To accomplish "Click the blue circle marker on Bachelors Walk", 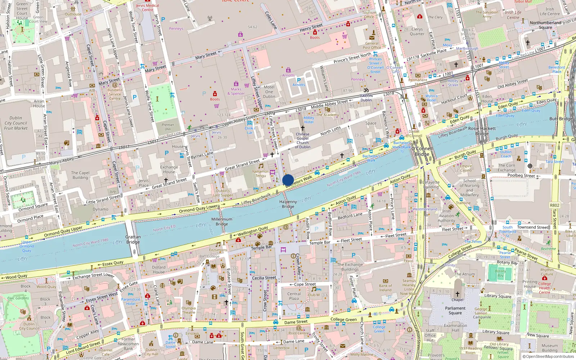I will pyautogui.click(x=288, y=180).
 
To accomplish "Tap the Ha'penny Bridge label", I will pyautogui.click(x=288, y=204).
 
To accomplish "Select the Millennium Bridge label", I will pyautogui.click(x=222, y=221).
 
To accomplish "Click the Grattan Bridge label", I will pyautogui.click(x=133, y=239).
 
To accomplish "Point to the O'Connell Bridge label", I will pyautogui.click(x=422, y=151).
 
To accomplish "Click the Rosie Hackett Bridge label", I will pyautogui.click(x=482, y=131).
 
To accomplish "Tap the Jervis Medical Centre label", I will pyautogui.click(x=147, y=8).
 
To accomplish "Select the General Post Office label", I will pyautogui.click(x=372, y=45).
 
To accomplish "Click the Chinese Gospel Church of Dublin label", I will pyautogui.click(x=302, y=140).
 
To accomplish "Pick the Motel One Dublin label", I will pyautogui.click(x=269, y=92).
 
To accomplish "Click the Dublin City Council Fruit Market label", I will pyautogui.click(x=16, y=123).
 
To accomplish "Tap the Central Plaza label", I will pyautogui.click(x=294, y=296).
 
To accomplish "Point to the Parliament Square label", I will pyautogui.click(x=455, y=310).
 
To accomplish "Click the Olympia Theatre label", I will pyautogui.click(x=189, y=310).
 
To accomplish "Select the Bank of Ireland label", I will pyautogui.click(x=385, y=288).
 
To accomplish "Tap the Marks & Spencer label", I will pyautogui.click(x=236, y=91).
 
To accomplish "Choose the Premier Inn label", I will pyautogui.click(x=168, y=127).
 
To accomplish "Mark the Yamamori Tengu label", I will pyautogui.click(x=261, y=174).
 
